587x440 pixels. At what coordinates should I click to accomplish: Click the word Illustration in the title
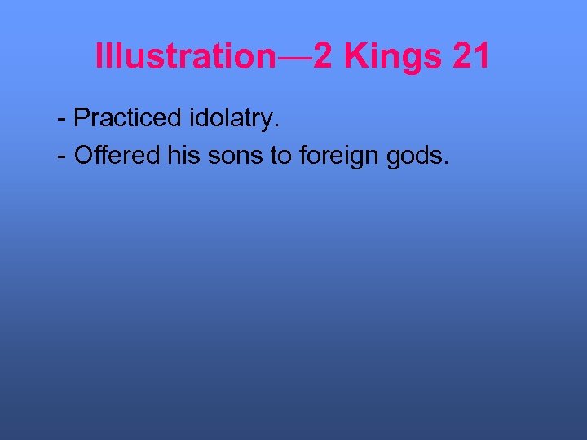pos(186,56)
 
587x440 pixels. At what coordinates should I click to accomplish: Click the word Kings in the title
pos(382,57)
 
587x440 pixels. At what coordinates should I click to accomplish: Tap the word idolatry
pos(231,119)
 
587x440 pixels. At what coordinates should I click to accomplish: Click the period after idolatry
pos(278,125)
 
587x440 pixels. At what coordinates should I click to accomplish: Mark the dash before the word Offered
pos(63,156)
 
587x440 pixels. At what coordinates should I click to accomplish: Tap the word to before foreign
pos(280,156)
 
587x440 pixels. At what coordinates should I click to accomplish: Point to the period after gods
pos(446,162)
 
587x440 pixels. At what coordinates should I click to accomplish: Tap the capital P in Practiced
pos(82,118)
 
